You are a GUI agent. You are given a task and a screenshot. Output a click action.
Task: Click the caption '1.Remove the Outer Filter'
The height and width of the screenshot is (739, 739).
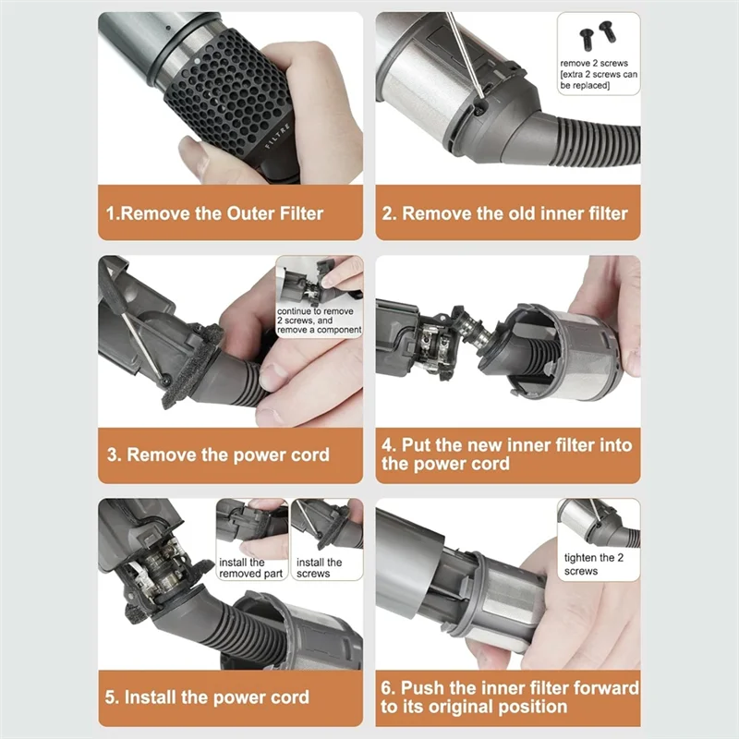point(214,213)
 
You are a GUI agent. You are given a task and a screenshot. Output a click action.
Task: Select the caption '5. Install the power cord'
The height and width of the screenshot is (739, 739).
point(216,697)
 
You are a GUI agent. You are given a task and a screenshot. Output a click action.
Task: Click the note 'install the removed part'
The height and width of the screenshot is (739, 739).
point(243,568)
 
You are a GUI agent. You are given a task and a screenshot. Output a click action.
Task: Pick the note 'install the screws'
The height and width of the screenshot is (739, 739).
point(320,568)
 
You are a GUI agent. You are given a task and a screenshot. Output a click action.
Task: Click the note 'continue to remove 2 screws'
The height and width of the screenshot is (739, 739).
point(320,320)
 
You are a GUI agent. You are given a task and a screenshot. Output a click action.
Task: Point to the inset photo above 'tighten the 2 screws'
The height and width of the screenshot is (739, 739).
point(598,522)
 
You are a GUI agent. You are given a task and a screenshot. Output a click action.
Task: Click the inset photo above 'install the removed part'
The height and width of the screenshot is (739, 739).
point(251,525)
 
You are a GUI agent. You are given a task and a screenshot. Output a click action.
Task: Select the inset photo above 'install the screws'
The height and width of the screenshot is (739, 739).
point(326,525)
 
